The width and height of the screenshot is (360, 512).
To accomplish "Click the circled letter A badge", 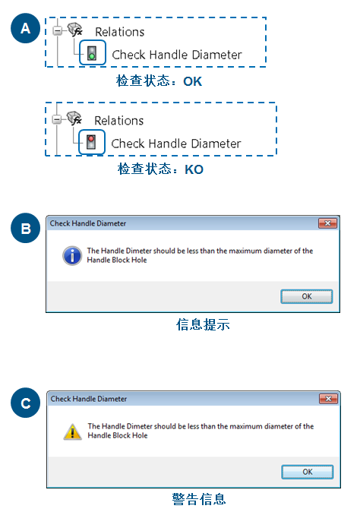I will coord(26,29).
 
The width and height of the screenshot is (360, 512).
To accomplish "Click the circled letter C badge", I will coord(26,404).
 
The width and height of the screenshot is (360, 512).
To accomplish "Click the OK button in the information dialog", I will coord(307,296).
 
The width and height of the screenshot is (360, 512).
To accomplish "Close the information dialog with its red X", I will coord(327,223).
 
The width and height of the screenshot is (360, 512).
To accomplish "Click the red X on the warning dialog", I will coord(327,399).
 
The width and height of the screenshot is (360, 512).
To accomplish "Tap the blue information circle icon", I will coord(71,255).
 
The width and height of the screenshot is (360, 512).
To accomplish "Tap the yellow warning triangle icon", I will coord(71,431).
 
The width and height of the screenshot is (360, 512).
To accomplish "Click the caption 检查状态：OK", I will coord(160,81).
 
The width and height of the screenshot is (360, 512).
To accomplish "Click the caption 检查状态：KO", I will coord(160,169).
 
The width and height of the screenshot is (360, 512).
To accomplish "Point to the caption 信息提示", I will coord(202,324).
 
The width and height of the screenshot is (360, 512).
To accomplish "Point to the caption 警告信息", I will coord(198,499).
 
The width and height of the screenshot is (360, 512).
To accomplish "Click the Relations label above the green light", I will coord(119,32).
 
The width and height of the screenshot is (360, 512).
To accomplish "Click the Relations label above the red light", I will coord(118,121).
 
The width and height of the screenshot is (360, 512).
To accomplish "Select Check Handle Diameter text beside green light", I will coord(176,54).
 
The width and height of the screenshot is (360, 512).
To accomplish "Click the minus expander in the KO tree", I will coord(58,119).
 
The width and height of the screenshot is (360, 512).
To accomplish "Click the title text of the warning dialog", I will coord(89,399).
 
